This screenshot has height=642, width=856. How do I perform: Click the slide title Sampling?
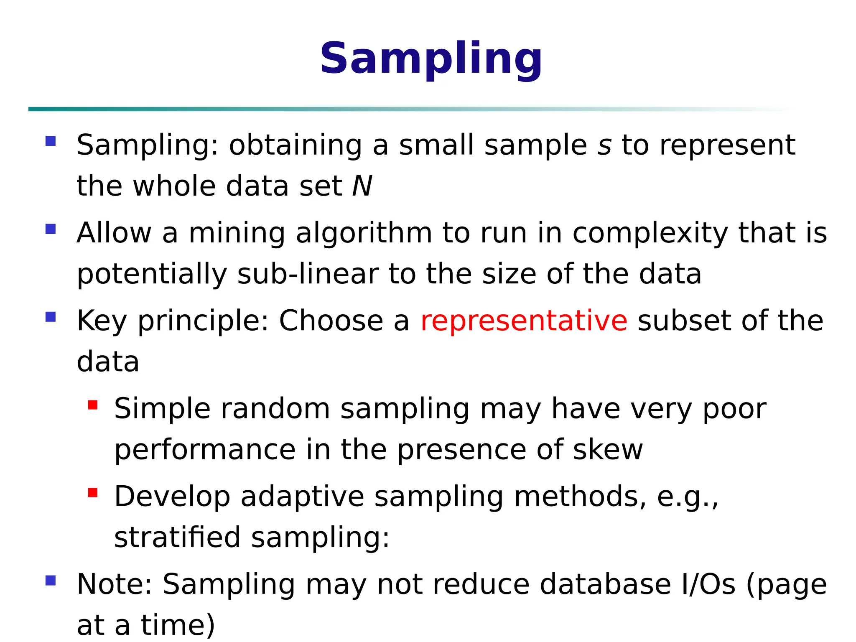tap(431, 59)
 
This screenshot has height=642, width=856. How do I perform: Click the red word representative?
tap(524, 321)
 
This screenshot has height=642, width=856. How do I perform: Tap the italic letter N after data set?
tap(362, 186)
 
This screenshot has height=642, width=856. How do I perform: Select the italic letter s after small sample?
tap(604, 145)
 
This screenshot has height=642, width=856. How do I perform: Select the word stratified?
tap(177, 538)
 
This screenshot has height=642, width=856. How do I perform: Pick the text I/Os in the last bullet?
tap(708, 584)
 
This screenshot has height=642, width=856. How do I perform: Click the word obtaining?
tap(296, 145)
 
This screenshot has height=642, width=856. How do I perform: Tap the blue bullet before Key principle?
tap(51, 317)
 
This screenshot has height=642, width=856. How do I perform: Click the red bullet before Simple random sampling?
tap(93, 405)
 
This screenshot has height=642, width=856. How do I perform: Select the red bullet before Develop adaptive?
tap(93, 493)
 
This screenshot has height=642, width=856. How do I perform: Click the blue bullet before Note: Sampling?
tap(51, 581)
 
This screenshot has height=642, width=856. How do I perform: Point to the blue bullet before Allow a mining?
tap(51, 229)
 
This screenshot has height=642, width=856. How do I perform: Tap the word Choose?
tap(331, 321)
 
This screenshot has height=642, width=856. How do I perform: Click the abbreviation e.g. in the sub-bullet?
tap(687, 497)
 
